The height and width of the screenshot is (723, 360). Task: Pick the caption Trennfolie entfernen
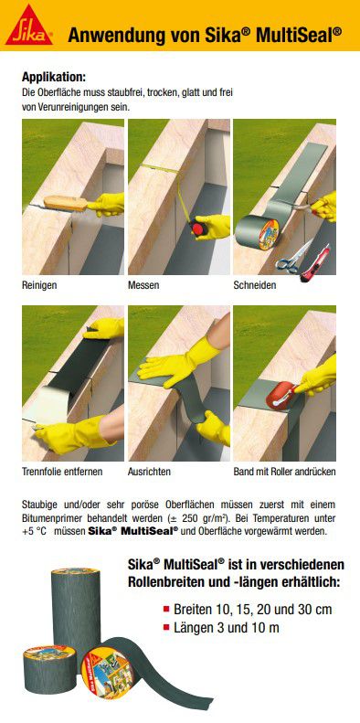[62, 473]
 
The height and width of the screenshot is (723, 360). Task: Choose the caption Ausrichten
[150, 473]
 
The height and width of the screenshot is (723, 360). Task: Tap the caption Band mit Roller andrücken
[285, 473]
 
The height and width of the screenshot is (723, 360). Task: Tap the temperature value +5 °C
[35, 532]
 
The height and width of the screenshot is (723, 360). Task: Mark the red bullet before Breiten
[166, 608]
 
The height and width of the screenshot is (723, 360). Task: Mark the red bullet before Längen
[166, 627]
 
